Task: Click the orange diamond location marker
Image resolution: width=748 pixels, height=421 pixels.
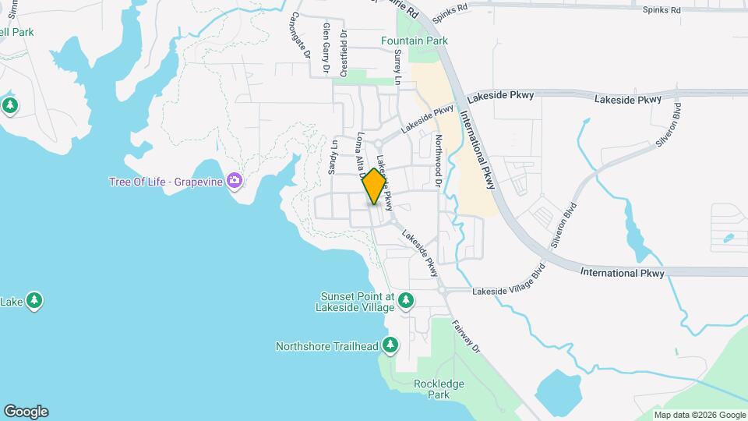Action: click(375, 186)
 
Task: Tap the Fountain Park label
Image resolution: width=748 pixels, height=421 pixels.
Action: click(414, 41)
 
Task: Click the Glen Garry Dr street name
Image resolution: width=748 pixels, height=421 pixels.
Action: click(326, 48)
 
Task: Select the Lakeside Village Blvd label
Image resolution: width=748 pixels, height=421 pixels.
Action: click(506, 281)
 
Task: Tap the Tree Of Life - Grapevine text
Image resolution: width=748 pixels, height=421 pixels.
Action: click(165, 182)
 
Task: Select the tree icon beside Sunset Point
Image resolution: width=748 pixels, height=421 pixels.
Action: click(405, 300)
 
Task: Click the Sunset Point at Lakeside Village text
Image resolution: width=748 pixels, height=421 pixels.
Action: click(358, 302)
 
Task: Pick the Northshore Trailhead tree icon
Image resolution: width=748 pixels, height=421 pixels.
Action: click(390, 345)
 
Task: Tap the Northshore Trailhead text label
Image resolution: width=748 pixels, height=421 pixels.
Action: click(327, 345)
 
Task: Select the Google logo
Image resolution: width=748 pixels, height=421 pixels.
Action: click(26, 412)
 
